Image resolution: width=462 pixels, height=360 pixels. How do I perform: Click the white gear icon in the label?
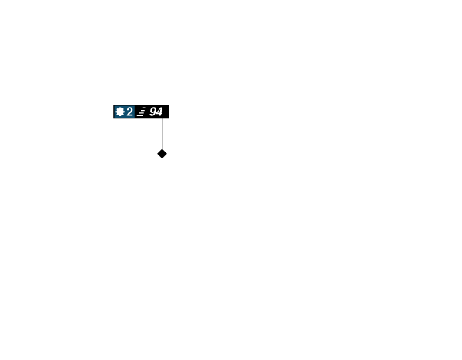point(120,112)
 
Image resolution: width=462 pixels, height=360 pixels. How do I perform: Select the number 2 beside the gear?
point(129,112)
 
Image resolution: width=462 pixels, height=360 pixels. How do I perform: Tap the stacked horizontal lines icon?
point(142,112)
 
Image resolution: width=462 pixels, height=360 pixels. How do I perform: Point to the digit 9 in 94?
point(153,112)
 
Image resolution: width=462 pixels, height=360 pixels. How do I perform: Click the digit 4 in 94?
point(159,112)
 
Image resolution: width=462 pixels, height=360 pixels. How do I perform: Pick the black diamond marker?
point(162,154)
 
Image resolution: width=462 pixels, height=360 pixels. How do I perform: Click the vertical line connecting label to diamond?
point(162,134)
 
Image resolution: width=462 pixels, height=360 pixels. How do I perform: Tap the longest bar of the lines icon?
point(140,115)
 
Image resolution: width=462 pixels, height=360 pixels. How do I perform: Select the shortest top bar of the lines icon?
point(145,108)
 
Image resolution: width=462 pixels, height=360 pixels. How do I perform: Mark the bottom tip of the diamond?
point(162,158)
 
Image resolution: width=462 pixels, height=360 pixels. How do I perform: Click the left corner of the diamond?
point(157,154)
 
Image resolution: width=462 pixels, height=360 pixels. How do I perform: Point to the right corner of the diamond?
point(167,154)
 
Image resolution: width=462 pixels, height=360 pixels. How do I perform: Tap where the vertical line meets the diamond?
point(162,149)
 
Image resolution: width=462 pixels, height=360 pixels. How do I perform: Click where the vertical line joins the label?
point(162,118)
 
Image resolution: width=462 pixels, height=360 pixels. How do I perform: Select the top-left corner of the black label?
point(113,105)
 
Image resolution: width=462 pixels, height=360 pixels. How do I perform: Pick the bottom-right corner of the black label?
point(169,118)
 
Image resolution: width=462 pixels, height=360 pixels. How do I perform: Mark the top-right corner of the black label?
point(169,105)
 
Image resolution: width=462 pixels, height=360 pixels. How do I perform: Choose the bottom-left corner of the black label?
point(113,118)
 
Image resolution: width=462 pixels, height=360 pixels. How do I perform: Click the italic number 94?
point(156,112)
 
